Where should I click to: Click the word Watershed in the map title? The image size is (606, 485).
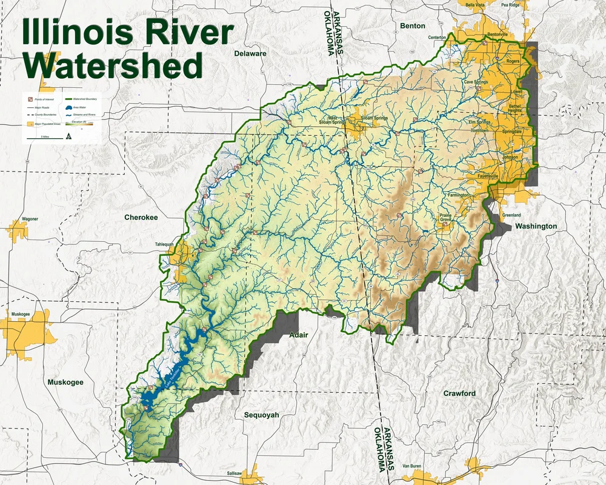click(112, 64)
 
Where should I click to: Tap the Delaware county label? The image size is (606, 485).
click(250, 53)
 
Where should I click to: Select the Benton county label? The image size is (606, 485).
click(413, 26)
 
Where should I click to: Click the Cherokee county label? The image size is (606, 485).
click(141, 217)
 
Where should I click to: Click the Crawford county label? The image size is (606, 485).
click(459, 393)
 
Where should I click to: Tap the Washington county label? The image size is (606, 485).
click(536, 226)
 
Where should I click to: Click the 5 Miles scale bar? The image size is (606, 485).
click(44, 138)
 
